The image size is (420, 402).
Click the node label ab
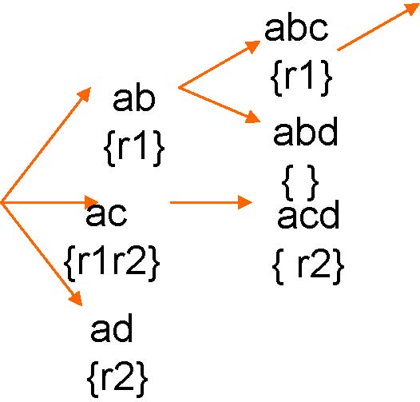[134, 99]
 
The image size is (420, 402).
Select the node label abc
[296, 29]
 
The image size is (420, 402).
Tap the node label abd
[305, 131]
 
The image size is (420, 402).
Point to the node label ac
[106, 214]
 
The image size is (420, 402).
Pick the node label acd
[308, 214]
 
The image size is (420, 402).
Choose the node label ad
[112, 328]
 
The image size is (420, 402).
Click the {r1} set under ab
[134, 149]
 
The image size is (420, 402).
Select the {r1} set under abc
[301, 78]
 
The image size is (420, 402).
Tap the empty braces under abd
[300, 182]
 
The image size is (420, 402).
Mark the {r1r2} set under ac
[112, 263]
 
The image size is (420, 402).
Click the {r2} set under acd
[308, 266]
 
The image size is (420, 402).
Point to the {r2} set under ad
[117, 379]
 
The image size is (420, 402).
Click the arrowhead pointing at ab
[85, 94]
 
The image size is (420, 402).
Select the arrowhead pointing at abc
[253, 46]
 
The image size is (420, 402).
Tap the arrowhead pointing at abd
[253, 117]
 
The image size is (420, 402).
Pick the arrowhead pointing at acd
[245, 202]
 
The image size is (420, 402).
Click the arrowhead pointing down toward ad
[76, 298]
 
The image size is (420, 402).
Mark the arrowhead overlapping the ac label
[92, 201]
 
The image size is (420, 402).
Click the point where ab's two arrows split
[179, 88]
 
